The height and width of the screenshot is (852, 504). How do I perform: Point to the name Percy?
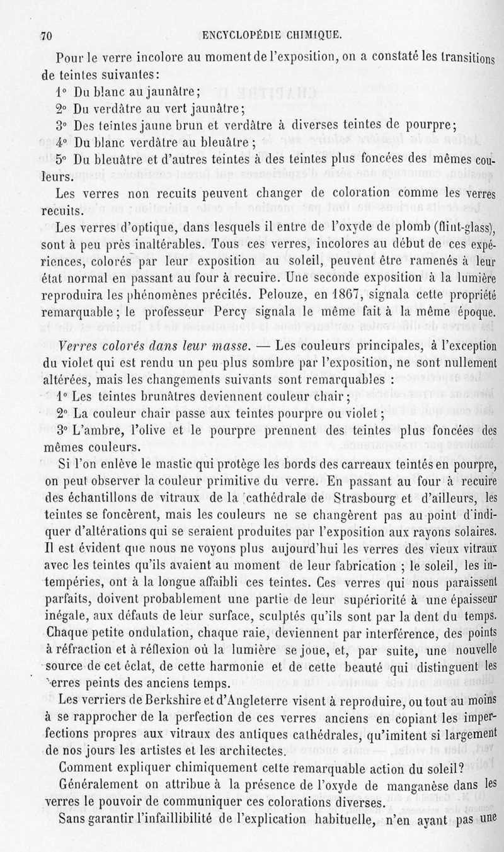point(248,310)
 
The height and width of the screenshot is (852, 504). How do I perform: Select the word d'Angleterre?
point(247,700)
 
